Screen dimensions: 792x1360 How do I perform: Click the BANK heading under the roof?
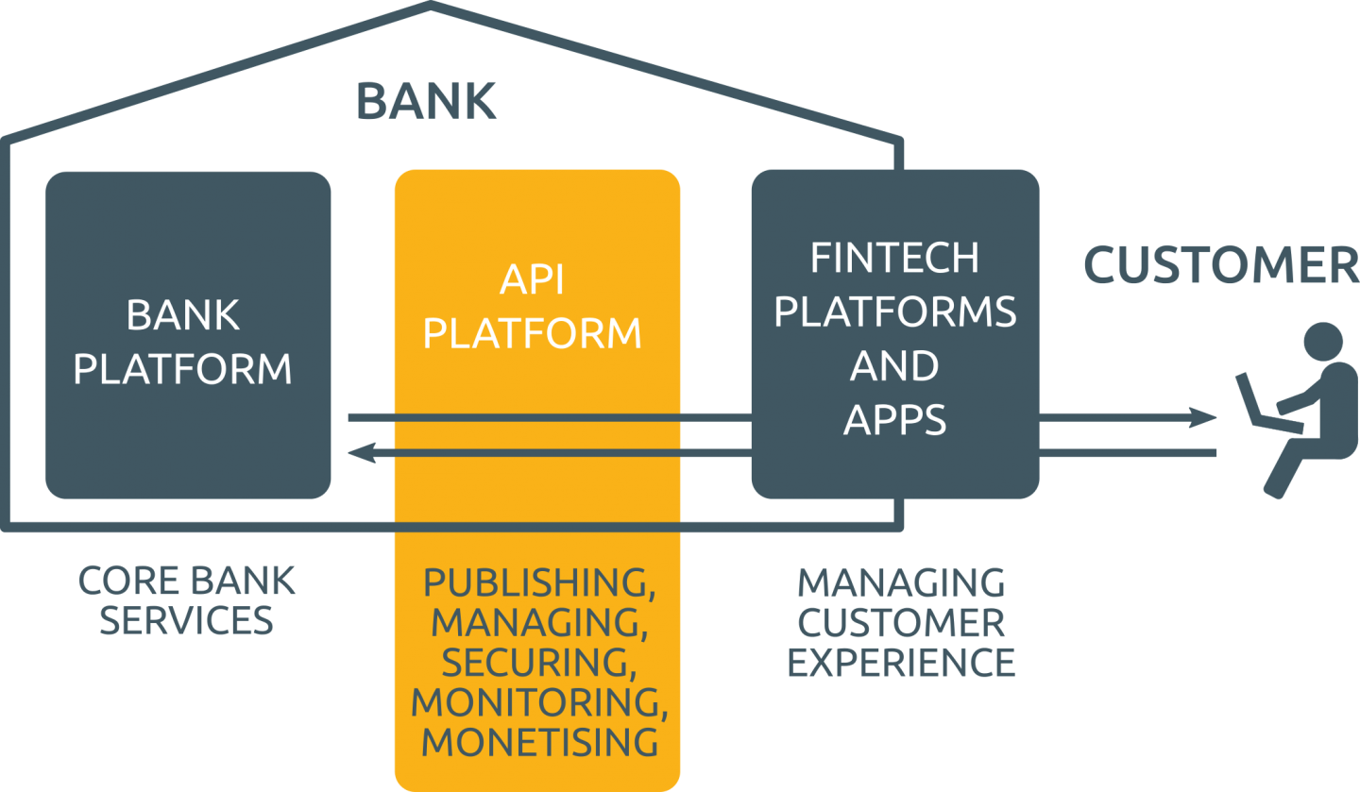point(426,101)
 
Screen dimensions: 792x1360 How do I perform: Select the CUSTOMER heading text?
point(1220,266)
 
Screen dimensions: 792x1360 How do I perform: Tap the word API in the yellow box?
point(532,280)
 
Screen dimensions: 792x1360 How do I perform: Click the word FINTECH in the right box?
point(894,258)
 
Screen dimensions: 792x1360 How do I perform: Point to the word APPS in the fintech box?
point(894,419)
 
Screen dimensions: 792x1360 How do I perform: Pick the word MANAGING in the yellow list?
point(536,623)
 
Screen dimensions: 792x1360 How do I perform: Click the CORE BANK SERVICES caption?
point(186,600)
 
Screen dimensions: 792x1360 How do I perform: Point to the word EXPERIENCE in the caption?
point(901,663)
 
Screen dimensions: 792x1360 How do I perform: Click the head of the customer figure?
point(1322,342)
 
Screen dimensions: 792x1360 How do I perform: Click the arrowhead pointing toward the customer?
point(1205,416)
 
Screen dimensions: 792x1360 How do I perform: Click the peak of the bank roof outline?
point(431,7)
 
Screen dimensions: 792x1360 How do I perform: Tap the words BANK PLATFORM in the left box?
point(183,342)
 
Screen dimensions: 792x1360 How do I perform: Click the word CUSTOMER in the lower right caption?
point(901,623)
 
